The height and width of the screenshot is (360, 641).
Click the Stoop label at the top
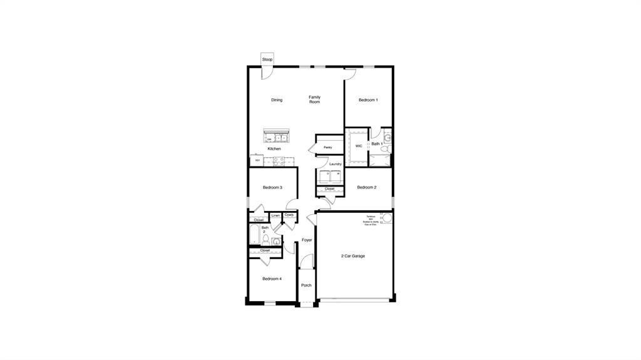click(x=267, y=59)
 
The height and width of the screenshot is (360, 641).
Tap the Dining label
click(x=277, y=100)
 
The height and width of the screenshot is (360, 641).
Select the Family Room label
click(x=314, y=100)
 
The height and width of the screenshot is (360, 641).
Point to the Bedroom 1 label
click(x=368, y=100)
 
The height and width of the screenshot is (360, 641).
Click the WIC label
click(x=359, y=146)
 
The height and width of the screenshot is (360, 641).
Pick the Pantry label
click(x=328, y=148)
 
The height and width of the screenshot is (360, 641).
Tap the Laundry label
click(x=336, y=164)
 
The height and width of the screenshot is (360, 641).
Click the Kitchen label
click(x=274, y=149)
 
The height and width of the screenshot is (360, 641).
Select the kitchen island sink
click(x=275, y=138)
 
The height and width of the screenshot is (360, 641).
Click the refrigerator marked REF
click(x=257, y=161)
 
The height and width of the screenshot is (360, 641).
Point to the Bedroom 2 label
click(x=367, y=187)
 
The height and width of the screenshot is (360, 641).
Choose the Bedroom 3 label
click(x=272, y=187)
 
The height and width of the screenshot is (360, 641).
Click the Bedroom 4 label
click(x=272, y=279)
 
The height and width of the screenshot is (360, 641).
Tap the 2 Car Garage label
click(x=353, y=256)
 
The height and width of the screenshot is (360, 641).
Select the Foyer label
click(x=307, y=240)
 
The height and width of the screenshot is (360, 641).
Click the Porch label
click(x=306, y=285)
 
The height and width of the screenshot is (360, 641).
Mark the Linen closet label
click(x=275, y=216)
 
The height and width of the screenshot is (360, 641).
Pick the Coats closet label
click(x=289, y=215)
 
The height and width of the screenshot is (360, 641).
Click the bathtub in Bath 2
click(x=255, y=235)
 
